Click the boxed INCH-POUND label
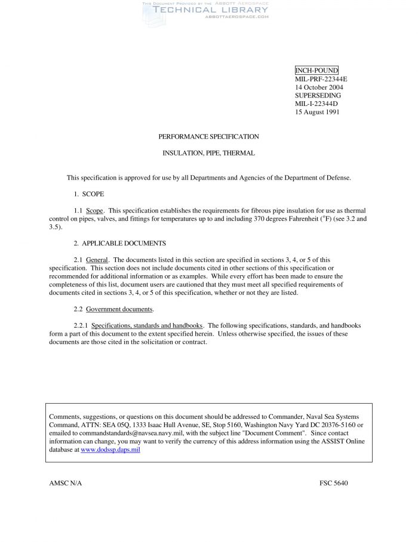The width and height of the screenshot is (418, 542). [x=316, y=71]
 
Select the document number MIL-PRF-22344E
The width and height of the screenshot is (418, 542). [x=321, y=79]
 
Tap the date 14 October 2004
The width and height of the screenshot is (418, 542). [x=319, y=87]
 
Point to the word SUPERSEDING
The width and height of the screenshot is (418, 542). [x=318, y=95]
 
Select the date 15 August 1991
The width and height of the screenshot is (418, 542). [x=317, y=112]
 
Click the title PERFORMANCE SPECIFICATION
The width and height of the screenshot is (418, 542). [x=208, y=136]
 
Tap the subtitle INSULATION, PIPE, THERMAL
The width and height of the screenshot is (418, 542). [x=208, y=153]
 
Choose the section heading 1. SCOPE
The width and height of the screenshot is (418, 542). [x=89, y=194]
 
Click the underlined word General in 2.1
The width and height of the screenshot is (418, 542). [x=97, y=260]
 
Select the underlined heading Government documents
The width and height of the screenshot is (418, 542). [x=119, y=309]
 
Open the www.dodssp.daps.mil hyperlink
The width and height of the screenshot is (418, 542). [x=110, y=449]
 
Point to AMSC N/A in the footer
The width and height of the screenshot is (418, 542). [x=65, y=483]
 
